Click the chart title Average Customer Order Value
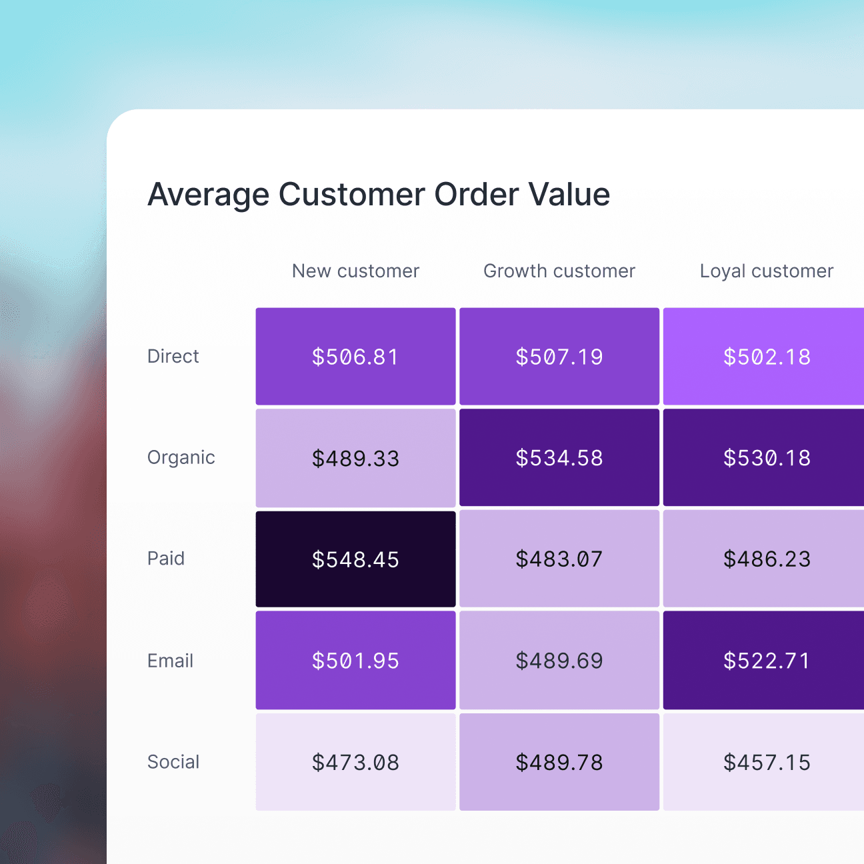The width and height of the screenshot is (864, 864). (x=379, y=195)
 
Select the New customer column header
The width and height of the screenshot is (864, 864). (x=355, y=271)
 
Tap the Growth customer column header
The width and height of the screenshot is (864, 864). (x=559, y=271)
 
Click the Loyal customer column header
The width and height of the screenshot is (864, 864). (x=767, y=271)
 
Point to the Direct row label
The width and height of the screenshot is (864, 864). (x=173, y=357)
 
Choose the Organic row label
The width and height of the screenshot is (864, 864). (x=181, y=458)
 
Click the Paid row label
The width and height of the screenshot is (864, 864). (x=165, y=559)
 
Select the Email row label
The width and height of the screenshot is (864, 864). (x=170, y=661)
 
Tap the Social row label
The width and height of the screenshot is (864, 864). (x=173, y=762)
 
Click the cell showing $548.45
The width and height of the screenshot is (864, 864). (x=355, y=559)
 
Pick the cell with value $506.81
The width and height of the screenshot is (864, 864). (x=355, y=357)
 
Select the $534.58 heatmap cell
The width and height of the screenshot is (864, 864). (x=559, y=458)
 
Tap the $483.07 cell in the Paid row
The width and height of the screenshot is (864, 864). (x=559, y=559)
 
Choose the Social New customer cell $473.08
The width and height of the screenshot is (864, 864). (x=355, y=762)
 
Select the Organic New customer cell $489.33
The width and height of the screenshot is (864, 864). (x=355, y=458)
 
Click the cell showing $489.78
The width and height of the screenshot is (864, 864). (x=559, y=762)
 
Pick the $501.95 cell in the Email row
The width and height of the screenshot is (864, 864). (x=355, y=661)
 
